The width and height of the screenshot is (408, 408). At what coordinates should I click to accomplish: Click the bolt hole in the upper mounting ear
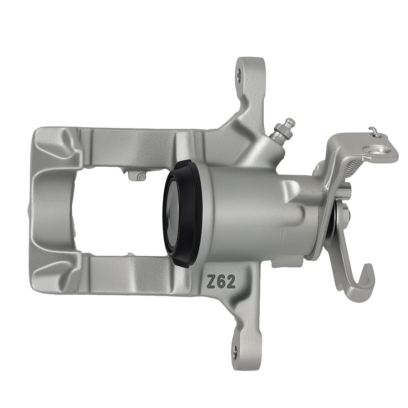(x=239, y=74)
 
